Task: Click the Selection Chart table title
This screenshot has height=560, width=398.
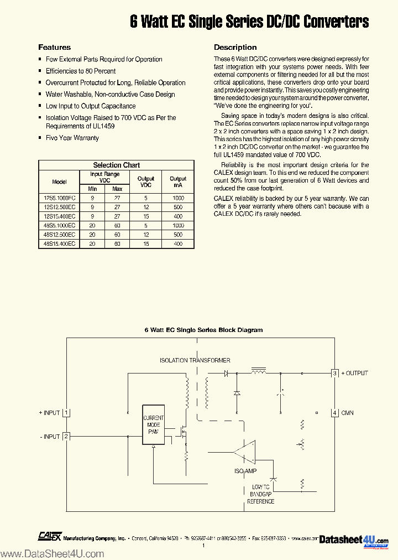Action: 116,165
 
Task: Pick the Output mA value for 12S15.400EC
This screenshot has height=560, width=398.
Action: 178,216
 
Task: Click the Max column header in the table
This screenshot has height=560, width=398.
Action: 117,189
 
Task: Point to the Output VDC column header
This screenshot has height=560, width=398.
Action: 146,182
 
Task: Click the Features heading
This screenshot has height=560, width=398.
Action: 54,48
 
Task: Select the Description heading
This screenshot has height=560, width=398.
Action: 235,48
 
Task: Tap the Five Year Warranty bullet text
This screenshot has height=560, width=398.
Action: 72,138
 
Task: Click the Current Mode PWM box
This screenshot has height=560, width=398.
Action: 153,428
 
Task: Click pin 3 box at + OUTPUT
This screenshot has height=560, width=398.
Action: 334,373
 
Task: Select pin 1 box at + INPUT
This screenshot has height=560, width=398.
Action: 66,413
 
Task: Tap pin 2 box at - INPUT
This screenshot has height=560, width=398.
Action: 66,437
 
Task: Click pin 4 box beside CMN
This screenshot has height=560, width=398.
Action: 334,413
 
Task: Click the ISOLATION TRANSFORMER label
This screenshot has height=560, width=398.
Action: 195,360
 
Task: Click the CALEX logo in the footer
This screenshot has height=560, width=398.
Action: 49,536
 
